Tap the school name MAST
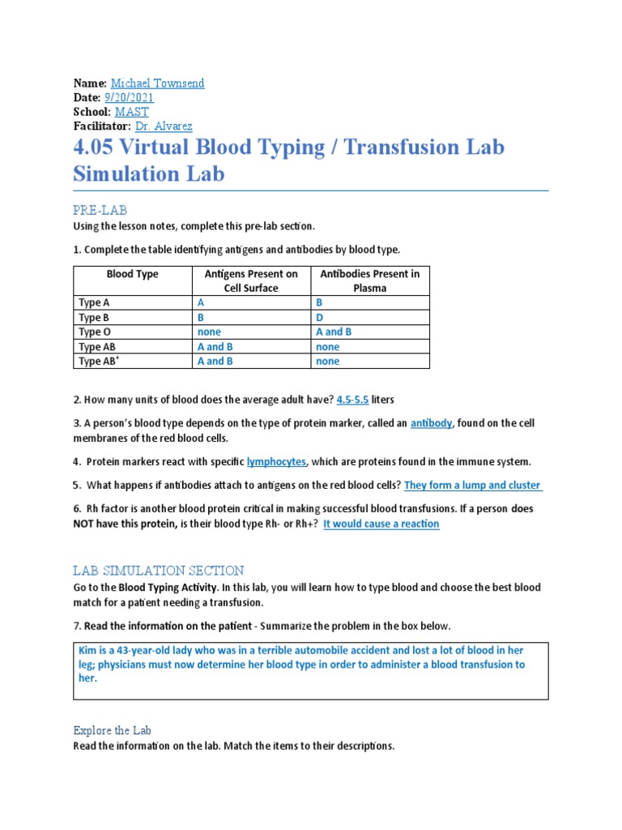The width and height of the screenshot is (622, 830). (x=131, y=112)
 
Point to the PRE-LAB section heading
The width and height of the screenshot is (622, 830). (x=100, y=210)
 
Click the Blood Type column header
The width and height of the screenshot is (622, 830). (x=132, y=274)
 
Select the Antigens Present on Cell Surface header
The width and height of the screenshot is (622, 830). (x=251, y=280)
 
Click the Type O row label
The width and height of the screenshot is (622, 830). (x=90, y=332)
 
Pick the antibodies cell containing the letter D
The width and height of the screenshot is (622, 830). (x=319, y=317)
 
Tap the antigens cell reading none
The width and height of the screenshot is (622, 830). (x=209, y=332)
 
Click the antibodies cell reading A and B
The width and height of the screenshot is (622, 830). (x=334, y=332)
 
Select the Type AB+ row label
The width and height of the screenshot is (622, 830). (x=96, y=361)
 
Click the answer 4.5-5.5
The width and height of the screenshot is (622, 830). (x=352, y=400)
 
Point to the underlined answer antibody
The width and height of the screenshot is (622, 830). (x=432, y=423)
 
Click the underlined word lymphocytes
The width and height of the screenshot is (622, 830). (x=276, y=461)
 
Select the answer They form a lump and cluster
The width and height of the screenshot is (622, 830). (x=473, y=485)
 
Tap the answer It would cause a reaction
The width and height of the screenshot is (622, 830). (x=381, y=524)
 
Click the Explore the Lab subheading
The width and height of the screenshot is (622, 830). (x=112, y=729)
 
